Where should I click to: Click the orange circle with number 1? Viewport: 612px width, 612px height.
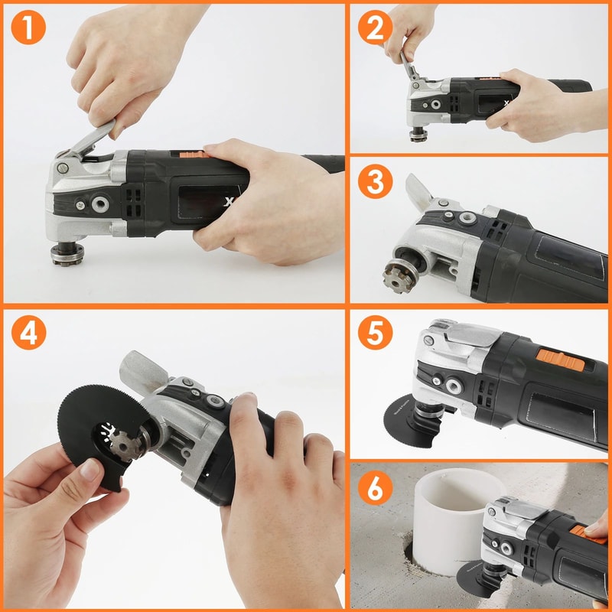29,28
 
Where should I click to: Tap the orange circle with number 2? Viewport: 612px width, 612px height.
375,28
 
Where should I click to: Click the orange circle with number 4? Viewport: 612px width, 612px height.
29,334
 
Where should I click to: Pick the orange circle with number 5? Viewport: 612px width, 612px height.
375,334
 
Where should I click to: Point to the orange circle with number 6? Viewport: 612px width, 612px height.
375,488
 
